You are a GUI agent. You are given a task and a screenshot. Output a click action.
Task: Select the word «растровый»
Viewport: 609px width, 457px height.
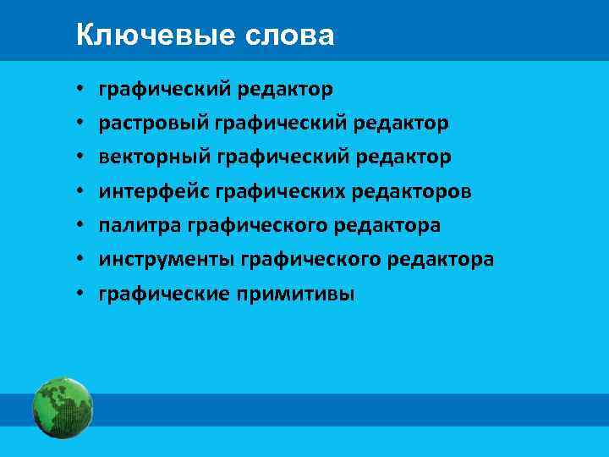click(153, 124)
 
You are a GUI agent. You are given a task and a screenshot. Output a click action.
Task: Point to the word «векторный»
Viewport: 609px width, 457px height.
click(153, 157)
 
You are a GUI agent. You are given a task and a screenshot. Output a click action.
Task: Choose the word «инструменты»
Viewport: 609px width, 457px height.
click(166, 260)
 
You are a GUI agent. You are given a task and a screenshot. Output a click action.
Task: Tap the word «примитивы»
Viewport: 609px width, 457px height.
click(308, 295)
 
